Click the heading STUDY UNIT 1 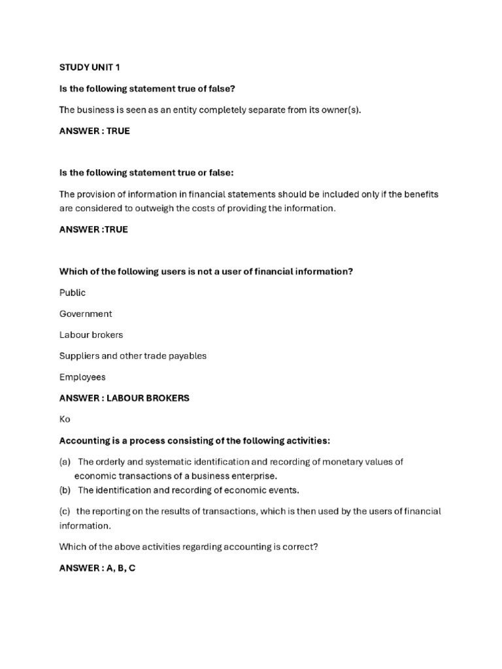[90, 68]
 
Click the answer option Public [73, 293]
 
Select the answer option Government [86, 314]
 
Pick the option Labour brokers [91, 334]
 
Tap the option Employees [82, 377]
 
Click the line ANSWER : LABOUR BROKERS [124, 398]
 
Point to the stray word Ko [65, 419]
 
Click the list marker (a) [65, 461]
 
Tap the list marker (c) [65, 512]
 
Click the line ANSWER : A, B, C [97, 568]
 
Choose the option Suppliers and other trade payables [133, 356]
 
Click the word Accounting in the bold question [83, 440]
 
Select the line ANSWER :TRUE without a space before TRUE [93, 229]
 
